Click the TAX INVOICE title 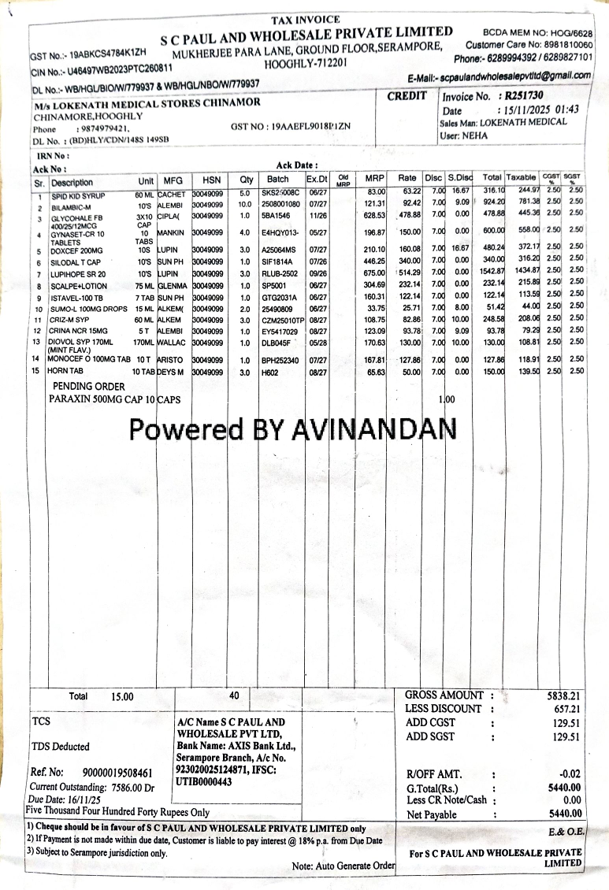tap(305, 20)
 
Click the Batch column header tap(278, 179)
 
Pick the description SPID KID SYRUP tap(78, 195)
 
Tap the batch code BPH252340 tap(280, 360)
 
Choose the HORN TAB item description tap(65, 371)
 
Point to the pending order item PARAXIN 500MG tap(102, 399)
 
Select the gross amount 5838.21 tap(563, 696)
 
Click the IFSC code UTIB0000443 tap(205, 782)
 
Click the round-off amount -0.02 tap(569, 773)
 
